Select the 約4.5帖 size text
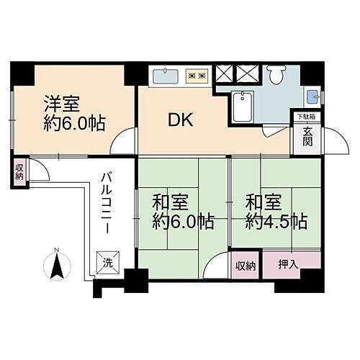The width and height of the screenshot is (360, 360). tap(276, 220)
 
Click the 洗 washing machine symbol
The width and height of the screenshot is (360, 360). tap(106, 261)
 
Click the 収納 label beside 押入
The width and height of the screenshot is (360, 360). tap(245, 265)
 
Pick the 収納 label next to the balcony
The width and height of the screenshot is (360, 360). tap(19, 172)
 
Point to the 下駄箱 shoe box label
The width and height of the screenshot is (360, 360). tap(307, 116)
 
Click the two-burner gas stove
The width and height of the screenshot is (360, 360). tap(197, 74)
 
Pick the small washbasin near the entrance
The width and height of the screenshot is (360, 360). tap(312, 96)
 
